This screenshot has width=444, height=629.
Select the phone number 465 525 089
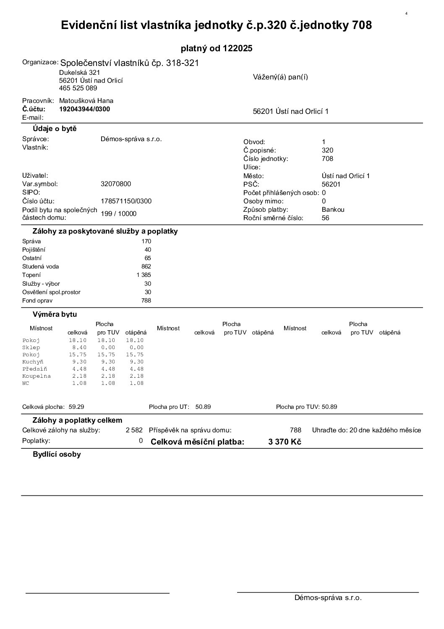point(78,88)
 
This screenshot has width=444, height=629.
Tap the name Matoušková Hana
point(86,101)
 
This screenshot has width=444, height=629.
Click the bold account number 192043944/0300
point(84,109)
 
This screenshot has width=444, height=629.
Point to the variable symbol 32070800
point(116,184)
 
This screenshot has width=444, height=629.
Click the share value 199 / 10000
point(119,213)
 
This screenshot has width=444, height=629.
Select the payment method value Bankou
point(333,210)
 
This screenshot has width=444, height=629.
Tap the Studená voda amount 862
point(146,266)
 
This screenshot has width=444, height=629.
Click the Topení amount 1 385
point(144,275)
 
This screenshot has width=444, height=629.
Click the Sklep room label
point(31,347)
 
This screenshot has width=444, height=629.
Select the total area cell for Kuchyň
point(79,362)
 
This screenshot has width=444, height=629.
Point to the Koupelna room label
point(36,376)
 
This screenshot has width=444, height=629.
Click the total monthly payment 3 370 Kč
point(285,442)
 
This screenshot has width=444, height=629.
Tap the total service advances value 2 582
point(134,430)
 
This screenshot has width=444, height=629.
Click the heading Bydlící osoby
point(57,454)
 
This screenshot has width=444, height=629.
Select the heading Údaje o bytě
point(55,129)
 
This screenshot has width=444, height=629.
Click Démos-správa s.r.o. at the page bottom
point(328,598)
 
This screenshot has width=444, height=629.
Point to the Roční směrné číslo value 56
point(326,218)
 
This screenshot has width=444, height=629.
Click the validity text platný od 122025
point(217,48)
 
